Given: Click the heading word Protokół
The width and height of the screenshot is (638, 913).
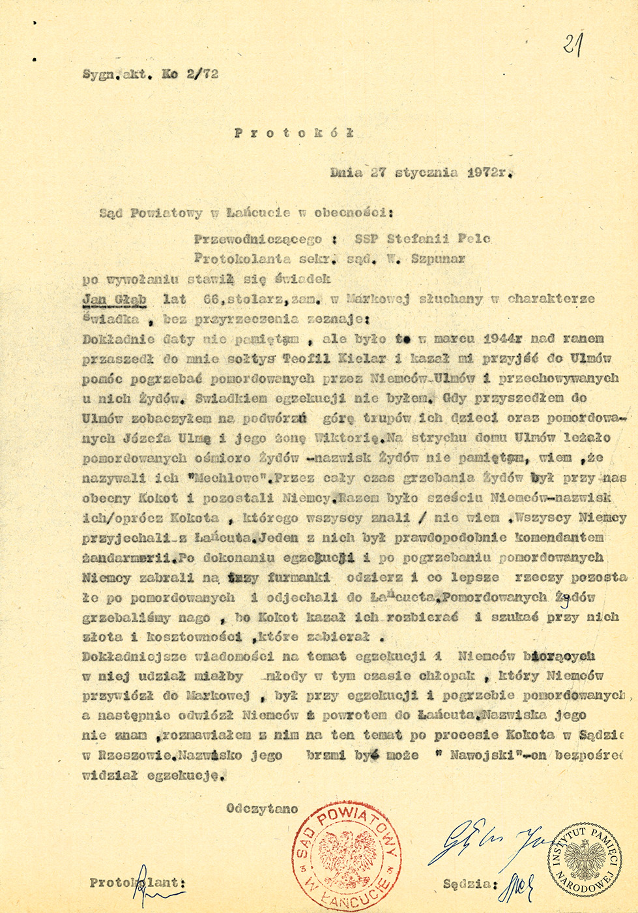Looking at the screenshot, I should coord(294,132).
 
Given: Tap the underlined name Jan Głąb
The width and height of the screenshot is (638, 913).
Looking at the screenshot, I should coord(115,299).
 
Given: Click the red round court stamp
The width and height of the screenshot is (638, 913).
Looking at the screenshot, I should coord(346,856).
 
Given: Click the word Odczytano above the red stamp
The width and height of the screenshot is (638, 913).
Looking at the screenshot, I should coord(262,809).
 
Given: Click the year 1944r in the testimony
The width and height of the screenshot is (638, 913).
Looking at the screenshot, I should coord(503,338).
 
